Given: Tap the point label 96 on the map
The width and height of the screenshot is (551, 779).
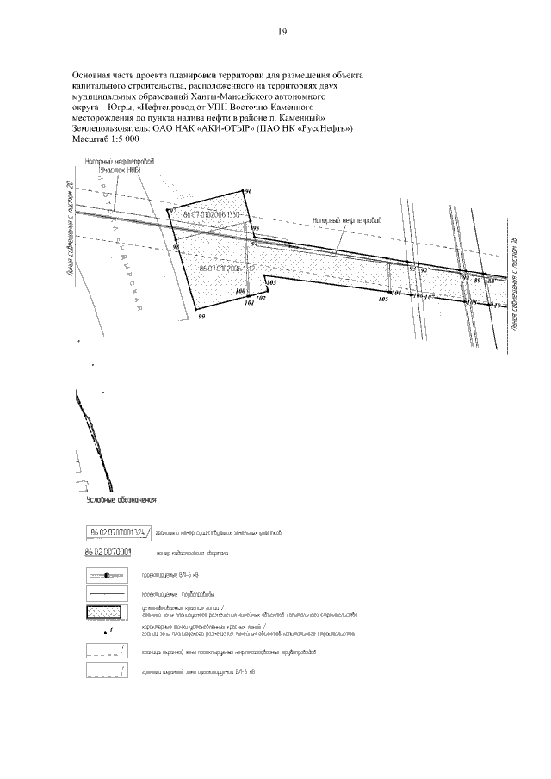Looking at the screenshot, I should [x=248, y=191].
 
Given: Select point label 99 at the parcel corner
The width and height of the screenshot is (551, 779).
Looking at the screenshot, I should [x=201, y=318].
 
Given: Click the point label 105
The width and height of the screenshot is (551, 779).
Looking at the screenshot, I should [x=383, y=300].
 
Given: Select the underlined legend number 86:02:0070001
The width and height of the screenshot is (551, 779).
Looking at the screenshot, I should [x=108, y=553].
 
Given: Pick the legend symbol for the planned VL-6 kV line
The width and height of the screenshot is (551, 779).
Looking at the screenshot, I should [x=106, y=574].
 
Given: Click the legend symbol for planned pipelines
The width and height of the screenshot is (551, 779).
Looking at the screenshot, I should [x=106, y=594].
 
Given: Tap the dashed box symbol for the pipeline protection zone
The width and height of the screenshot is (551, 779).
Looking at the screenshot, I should [x=106, y=652].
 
